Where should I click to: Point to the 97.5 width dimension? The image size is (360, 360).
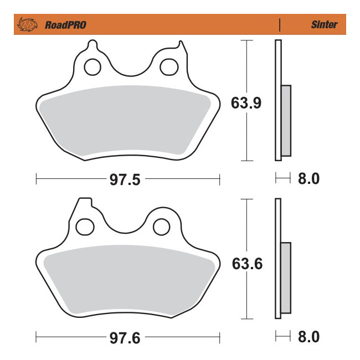(127, 179)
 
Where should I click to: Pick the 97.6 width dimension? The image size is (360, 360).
(127, 336)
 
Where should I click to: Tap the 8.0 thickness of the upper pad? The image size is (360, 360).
(308, 179)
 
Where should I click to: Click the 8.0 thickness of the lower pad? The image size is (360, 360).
(308, 336)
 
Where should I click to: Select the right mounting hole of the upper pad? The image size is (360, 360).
(167, 67)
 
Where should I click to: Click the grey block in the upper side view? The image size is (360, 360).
(286, 120)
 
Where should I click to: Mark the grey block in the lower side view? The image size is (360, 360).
(286, 277)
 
